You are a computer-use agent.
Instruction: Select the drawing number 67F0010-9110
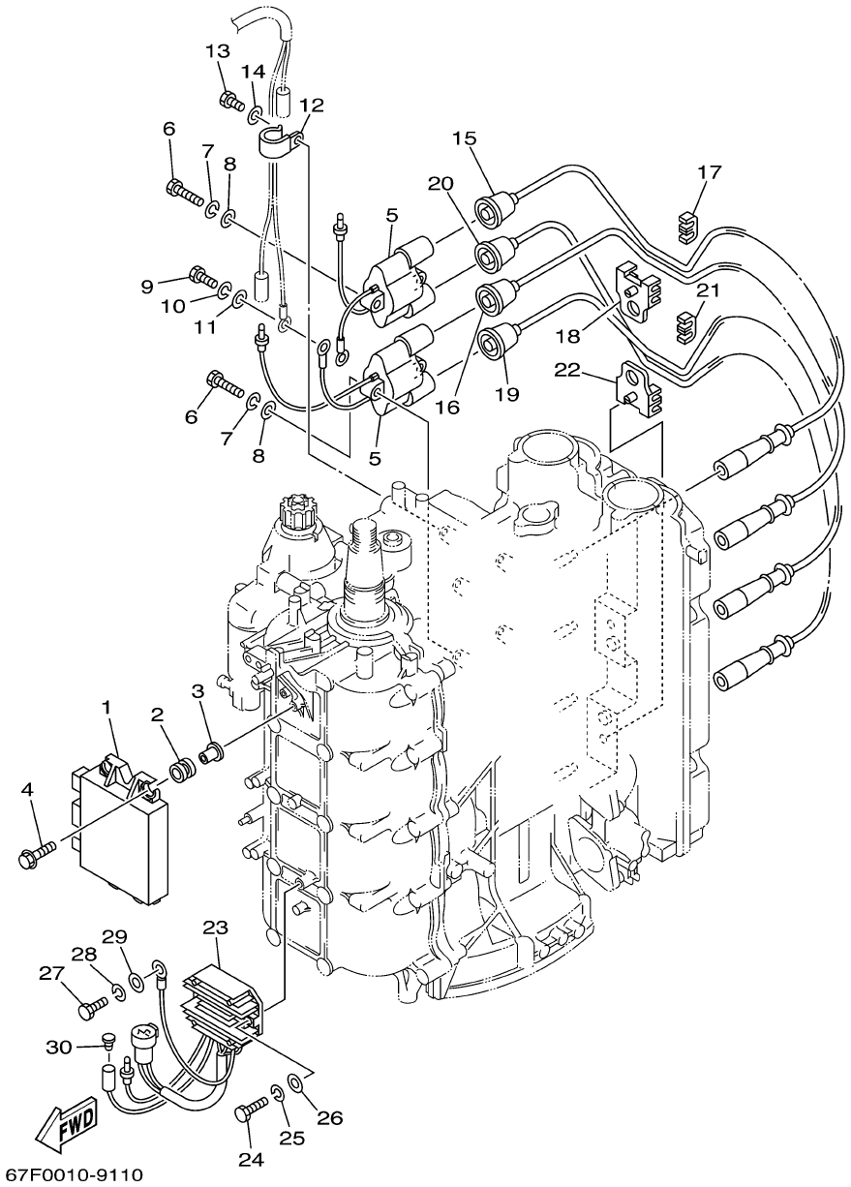coord(72,1172)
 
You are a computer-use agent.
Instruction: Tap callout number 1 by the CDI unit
coord(106,707)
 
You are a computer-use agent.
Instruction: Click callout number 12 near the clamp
coord(312,105)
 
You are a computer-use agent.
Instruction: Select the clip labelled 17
coord(687,228)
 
